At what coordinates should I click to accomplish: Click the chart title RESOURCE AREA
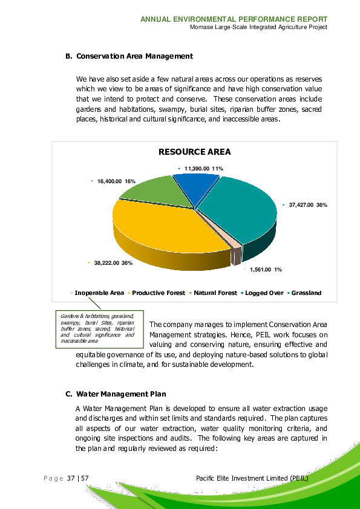(x=194, y=152)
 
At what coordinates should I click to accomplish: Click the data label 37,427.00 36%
(x=307, y=205)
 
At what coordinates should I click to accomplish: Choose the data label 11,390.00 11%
(x=204, y=168)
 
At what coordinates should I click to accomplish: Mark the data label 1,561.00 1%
(x=266, y=269)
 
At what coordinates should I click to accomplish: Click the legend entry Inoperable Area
(x=99, y=293)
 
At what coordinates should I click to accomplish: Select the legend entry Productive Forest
(x=159, y=293)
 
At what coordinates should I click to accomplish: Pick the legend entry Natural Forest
(x=215, y=293)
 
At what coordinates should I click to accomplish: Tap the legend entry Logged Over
(x=264, y=293)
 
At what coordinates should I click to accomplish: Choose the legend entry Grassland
(x=306, y=293)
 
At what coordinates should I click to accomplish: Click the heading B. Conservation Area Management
(x=129, y=56)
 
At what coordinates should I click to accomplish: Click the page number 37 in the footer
(x=71, y=479)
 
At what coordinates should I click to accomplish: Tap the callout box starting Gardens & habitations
(x=97, y=329)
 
